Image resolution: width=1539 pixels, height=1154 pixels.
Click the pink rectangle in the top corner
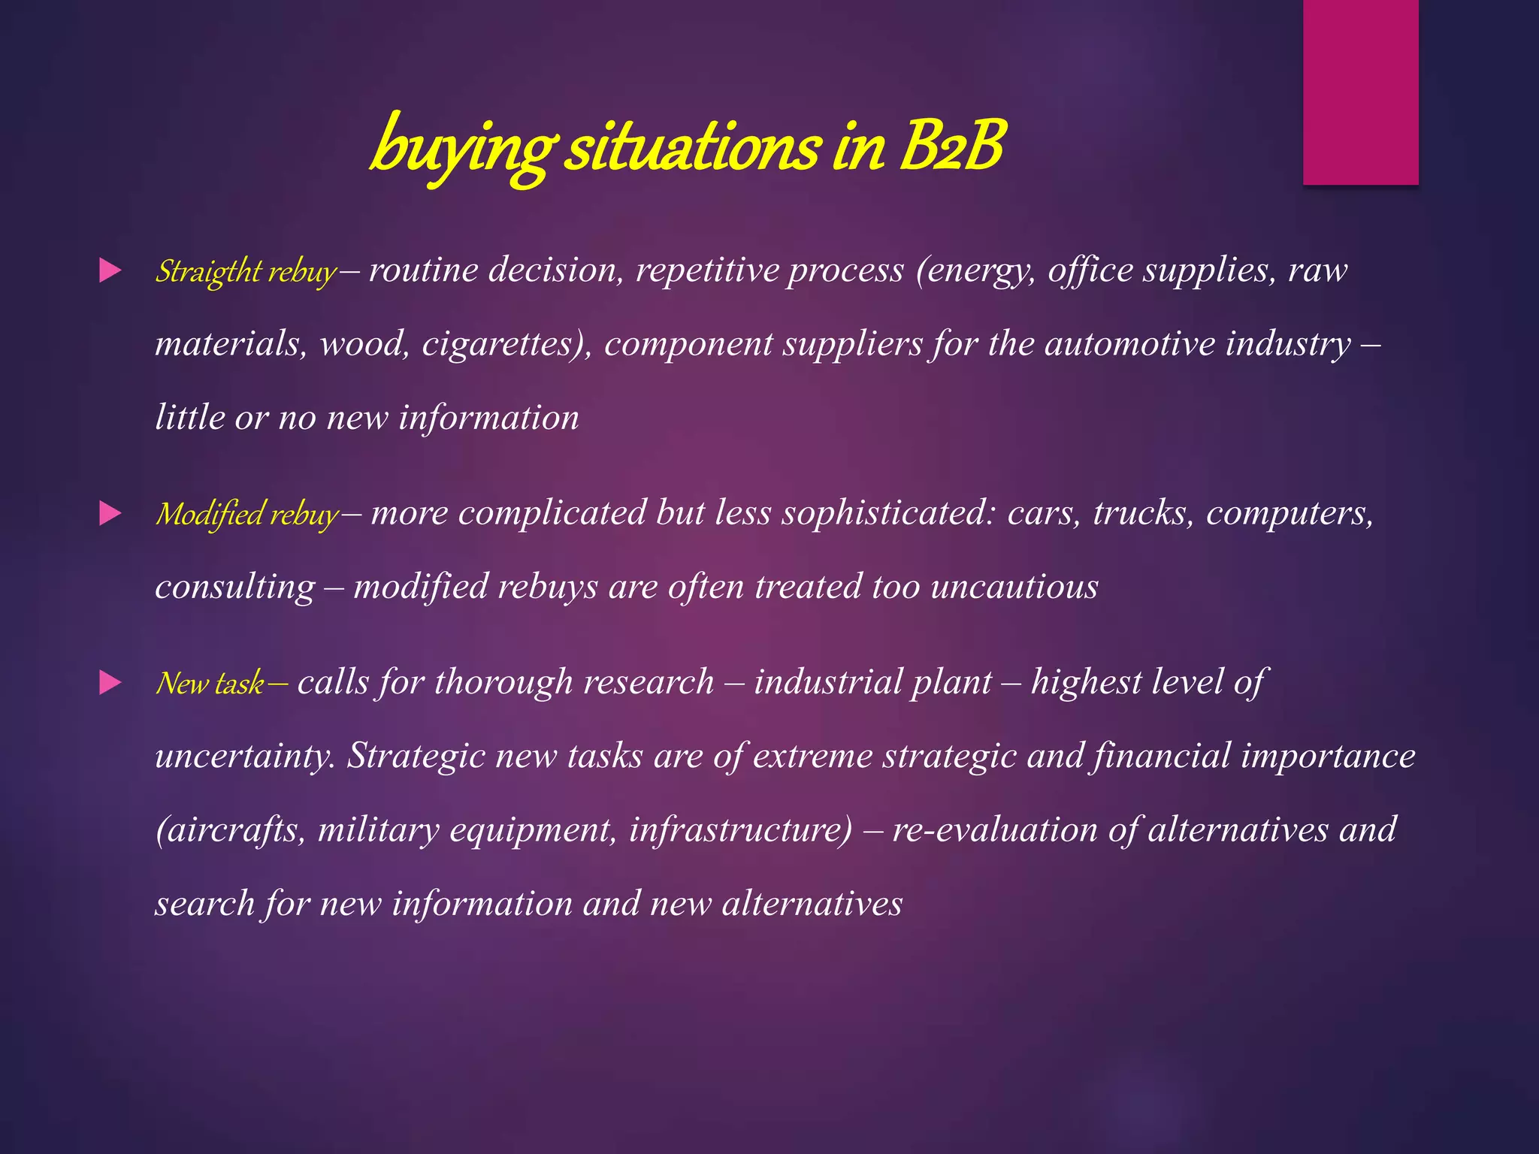(x=1360, y=92)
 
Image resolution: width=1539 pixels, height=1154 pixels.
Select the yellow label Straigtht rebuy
(x=246, y=272)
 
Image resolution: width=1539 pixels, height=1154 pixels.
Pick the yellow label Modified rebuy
(x=247, y=515)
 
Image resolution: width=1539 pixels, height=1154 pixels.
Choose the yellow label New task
(x=210, y=684)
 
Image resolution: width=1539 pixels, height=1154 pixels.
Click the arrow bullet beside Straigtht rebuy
(x=110, y=270)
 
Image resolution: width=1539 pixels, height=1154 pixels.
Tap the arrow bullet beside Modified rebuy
(x=110, y=514)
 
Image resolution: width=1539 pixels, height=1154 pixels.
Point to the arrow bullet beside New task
(x=110, y=683)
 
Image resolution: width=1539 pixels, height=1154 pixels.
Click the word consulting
(x=234, y=588)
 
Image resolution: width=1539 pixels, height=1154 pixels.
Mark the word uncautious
(x=1014, y=587)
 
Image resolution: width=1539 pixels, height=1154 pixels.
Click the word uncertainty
(x=245, y=756)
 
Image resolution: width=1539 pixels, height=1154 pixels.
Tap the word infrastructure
(x=740, y=829)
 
